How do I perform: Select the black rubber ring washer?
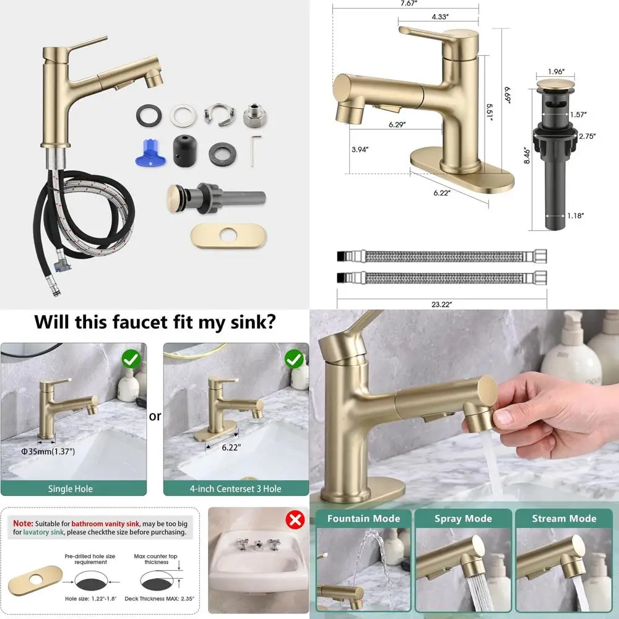click(147, 115)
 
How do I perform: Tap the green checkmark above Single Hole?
click(130, 358)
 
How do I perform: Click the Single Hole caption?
click(71, 488)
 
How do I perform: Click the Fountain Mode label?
click(363, 519)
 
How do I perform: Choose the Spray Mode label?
click(463, 519)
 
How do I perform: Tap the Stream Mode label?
click(564, 519)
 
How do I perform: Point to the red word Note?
click(24, 523)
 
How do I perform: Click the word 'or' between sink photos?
click(155, 416)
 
